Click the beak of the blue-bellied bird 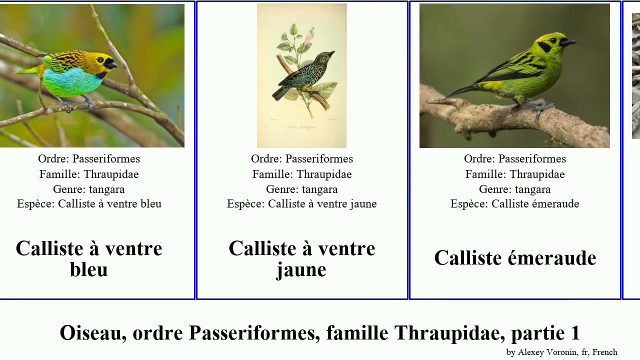click(x=112, y=64)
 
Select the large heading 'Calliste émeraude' click(x=515, y=258)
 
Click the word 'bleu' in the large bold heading click(x=89, y=269)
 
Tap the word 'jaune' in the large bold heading click(x=301, y=269)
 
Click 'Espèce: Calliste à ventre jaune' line click(x=301, y=204)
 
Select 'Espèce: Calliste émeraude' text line click(x=514, y=204)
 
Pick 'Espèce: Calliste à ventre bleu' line click(x=89, y=204)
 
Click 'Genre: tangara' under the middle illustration click(x=301, y=189)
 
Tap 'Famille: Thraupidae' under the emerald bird click(x=514, y=174)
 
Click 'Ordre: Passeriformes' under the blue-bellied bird click(x=89, y=159)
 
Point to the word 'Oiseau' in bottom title click(x=92, y=333)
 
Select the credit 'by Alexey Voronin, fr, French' click(x=561, y=352)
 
